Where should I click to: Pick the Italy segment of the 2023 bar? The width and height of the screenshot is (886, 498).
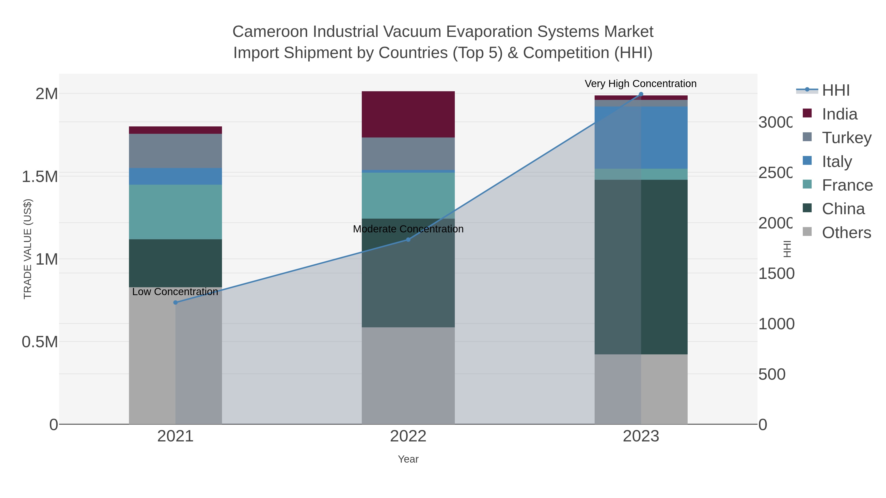click(x=641, y=137)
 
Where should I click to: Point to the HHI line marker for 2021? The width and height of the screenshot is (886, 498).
click(x=175, y=302)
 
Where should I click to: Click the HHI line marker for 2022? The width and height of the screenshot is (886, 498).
click(x=408, y=240)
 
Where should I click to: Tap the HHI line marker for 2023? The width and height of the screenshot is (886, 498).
click(x=641, y=94)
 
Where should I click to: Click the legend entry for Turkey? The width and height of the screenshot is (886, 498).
click(x=846, y=138)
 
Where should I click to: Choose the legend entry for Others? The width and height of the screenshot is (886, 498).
click(x=846, y=233)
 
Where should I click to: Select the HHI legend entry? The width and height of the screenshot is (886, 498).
click(x=835, y=91)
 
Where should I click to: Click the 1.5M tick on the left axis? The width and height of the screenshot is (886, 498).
click(x=40, y=177)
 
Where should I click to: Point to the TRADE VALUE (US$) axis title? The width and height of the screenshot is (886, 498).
click(x=28, y=249)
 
